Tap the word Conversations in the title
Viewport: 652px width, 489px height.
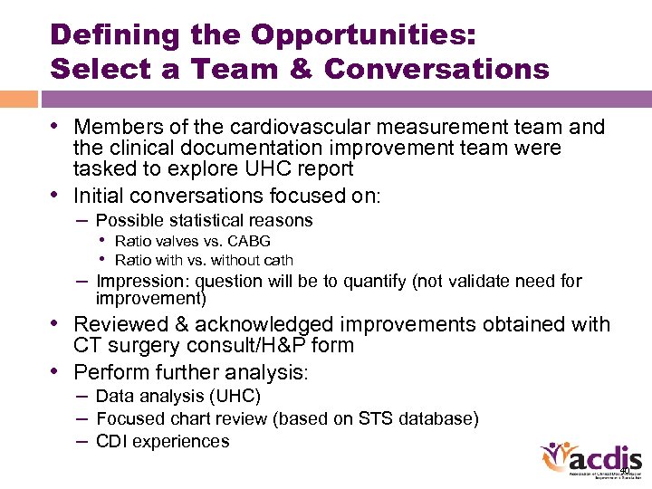coord(436,69)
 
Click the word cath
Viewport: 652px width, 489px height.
coord(276,260)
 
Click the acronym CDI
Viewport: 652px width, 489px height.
coord(112,442)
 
